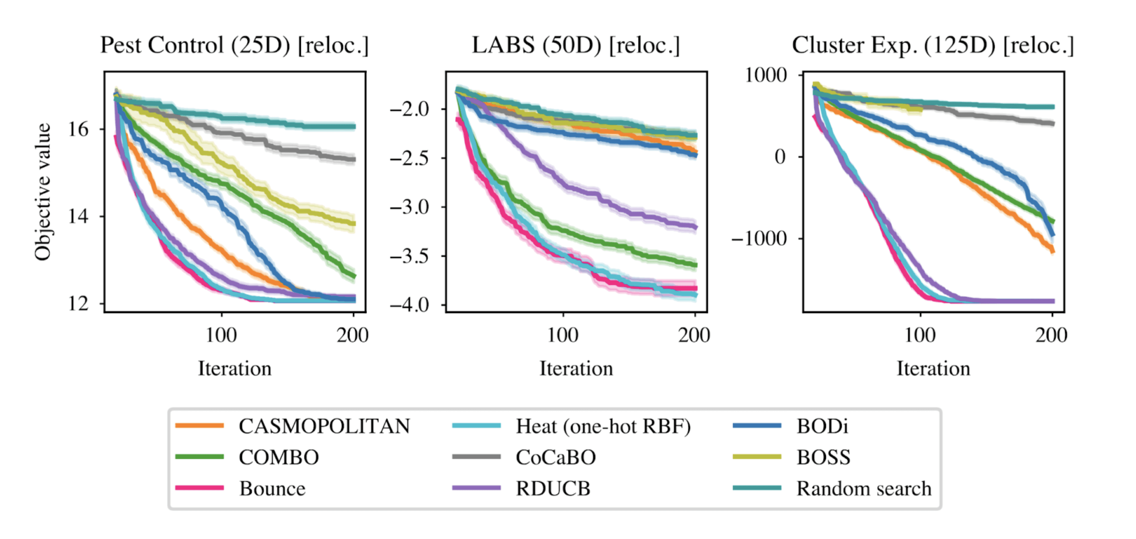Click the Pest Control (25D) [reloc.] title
click(234, 45)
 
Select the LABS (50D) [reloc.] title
click(576, 45)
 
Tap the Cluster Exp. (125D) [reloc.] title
click(933, 45)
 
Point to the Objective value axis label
click(43, 192)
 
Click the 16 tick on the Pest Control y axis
click(78, 129)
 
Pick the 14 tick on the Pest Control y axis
click(78, 216)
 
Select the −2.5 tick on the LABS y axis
click(409, 158)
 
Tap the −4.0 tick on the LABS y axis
click(409, 305)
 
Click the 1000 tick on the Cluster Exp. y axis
click(765, 75)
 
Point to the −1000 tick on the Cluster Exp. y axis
click(759, 239)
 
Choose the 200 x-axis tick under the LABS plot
click(694, 336)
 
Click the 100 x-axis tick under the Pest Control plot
click(222, 336)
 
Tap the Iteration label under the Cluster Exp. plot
click(933, 369)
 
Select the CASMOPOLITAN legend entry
click(324, 426)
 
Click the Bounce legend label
click(272, 489)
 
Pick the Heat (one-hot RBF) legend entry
click(603, 426)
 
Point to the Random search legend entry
click(863, 489)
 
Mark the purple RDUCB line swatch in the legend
click(476, 488)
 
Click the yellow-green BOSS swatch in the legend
click(757, 457)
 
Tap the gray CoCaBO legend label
click(556, 457)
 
